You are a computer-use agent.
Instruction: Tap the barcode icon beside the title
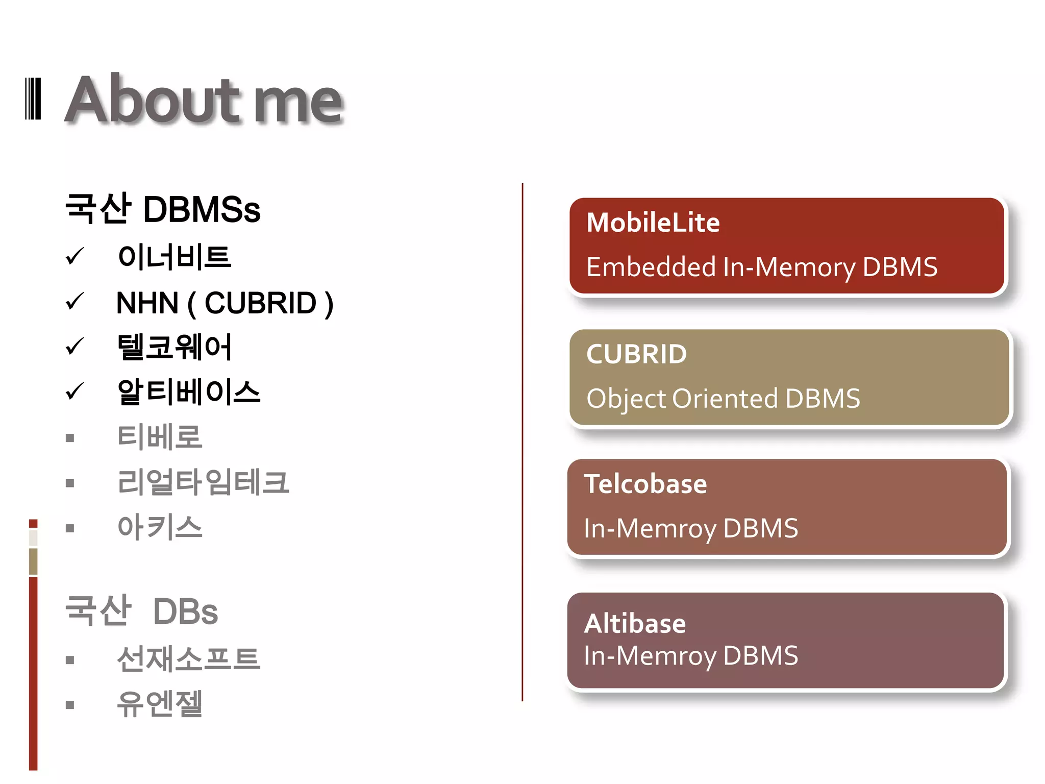click(x=33, y=99)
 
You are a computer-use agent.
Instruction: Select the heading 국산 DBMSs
click(x=163, y=209)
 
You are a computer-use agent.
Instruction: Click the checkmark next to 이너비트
click(x=75, y=256)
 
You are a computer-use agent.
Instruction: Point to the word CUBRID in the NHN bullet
click(x=260, y=303)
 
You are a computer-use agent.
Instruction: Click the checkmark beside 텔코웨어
click(x=75, y=347)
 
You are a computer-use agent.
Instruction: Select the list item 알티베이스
click(x=189, y=392)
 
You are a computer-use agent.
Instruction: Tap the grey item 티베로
click(x=160, y=437)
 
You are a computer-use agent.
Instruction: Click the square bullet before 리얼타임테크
click(x=70, y=483)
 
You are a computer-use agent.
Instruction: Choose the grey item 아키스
click(x=160, y=527)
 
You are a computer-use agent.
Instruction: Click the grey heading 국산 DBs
click(x=141, y=611)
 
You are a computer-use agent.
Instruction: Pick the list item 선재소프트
click(x=189, y=658)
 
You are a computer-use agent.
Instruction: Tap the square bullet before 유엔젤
click(x=70, y=705)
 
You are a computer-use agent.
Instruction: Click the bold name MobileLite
click(x=653, y=223)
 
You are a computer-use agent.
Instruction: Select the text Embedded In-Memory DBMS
click(x=762, y=267)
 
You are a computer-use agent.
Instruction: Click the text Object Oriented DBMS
click(x=723, y=399)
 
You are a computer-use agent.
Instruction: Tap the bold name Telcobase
click(x=645, y=484)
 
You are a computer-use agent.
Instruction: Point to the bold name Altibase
click(x=635, y=624)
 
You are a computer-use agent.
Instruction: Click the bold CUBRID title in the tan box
click(x=637, y=354)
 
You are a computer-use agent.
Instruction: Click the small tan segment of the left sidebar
click(x=33, y=561)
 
